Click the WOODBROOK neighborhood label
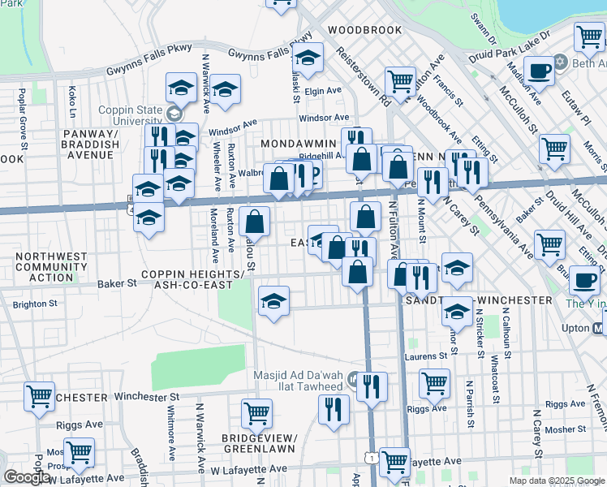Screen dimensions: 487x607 point(364,30)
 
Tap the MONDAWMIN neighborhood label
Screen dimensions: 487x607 point(298,143)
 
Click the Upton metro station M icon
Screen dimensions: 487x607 point(597,329)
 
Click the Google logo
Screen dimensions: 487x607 point(27,477)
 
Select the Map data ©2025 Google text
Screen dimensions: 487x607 point(556,481)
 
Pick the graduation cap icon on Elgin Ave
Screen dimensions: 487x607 point(308,58)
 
